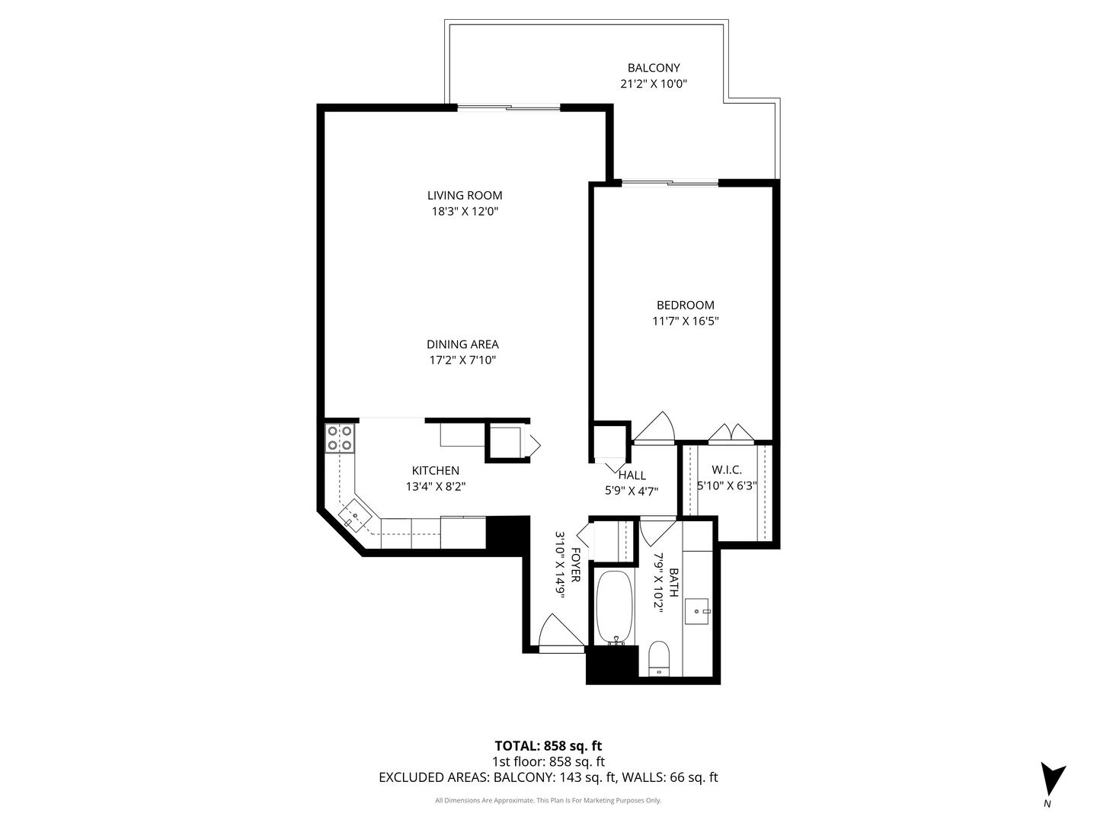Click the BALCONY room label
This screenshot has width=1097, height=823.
click(x=653, y=68)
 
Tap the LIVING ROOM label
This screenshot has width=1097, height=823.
click(x=464, y=196)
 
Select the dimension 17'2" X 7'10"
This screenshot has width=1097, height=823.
click(x=462, y=360)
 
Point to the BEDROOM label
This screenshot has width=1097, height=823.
click(x=685, y=306)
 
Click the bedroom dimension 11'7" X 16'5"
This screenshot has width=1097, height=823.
click(x=685, y=322)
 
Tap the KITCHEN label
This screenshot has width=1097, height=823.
click(x=435, y=471)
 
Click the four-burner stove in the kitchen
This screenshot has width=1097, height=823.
click(x=340, y=438)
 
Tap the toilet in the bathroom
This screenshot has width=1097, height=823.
click(x=657, y=658)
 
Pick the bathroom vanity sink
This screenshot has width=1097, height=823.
click(x=697, y=610)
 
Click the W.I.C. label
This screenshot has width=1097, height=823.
click(x=726, y=470)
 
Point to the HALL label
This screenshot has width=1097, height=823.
click(x=632, y=476)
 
